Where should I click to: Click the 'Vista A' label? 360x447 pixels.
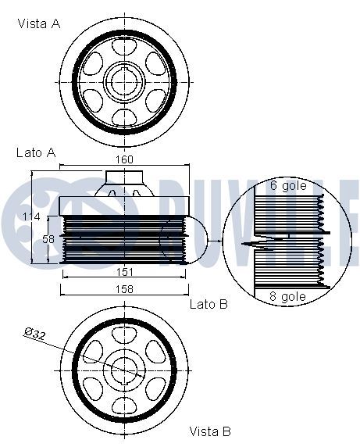pos(39,23)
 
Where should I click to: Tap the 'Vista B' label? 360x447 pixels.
pos(210,431)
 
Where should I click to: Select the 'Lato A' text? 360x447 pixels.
pos(36,153)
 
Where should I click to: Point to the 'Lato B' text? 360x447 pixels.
pos(209,304)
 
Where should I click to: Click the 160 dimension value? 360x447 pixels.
pos(124,159)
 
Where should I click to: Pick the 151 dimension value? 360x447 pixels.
pos(124,272)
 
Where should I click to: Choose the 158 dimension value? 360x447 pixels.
pos(124,289)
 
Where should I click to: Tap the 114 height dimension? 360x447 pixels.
pos(31,217)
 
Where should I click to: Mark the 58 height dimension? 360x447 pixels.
pos(48,238)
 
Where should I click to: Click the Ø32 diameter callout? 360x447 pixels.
pos(34,334)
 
